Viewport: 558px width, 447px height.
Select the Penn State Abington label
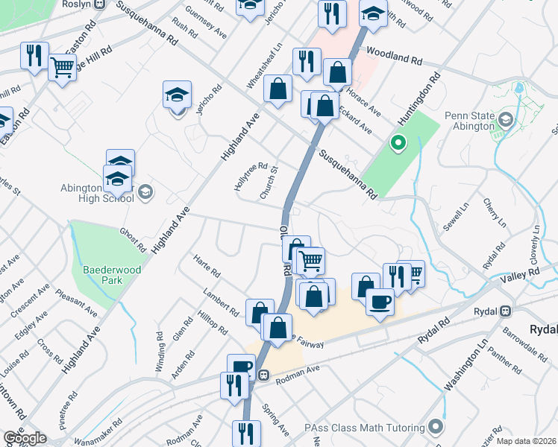(470, 121)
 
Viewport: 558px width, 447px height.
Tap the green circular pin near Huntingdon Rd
(398, 142)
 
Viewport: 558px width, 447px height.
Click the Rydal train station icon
(507, 311)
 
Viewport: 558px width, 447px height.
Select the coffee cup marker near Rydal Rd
(380, 301)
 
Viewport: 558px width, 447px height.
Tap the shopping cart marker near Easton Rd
(63, 68)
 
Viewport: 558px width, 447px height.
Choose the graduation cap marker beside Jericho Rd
(177, 95)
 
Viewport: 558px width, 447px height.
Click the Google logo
(25, 438)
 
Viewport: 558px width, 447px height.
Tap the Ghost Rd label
(133, 239)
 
